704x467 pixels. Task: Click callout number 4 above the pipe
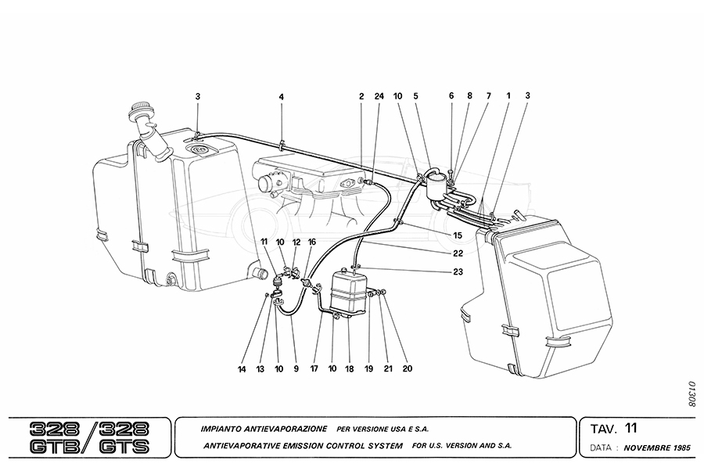(281, 97)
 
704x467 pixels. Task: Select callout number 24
(379, 97)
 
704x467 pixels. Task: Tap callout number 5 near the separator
(416, 97)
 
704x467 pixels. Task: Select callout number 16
(312, 243)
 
